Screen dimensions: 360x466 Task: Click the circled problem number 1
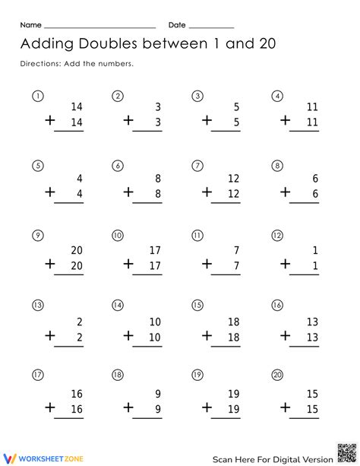[38, 97]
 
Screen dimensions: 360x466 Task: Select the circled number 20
[277, 375]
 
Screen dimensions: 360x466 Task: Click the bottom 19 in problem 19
[232, 409]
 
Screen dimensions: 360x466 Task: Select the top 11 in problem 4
[311, 108]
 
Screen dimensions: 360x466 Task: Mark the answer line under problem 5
[69, 201]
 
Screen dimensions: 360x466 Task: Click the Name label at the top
[30, 25]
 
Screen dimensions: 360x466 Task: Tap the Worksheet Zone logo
[38, 458]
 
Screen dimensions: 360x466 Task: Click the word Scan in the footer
[226, 458]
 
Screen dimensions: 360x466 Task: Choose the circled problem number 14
[118, 305]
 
